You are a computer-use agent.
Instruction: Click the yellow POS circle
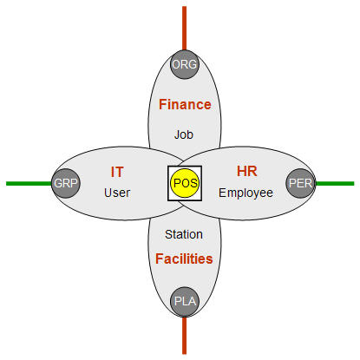click(185, 183)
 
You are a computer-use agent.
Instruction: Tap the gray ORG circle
click(185, 64)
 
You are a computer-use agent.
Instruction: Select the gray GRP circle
click(66, 183)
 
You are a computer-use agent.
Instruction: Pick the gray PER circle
click(300, 183)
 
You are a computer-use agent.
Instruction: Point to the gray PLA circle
click(185, 302)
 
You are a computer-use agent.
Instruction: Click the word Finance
click(185, 104)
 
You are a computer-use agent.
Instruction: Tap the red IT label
click(117, 172)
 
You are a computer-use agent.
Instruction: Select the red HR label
click(246, 171)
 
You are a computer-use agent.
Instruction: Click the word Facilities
click(184, 259)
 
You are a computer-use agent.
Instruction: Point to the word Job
click(184, 134)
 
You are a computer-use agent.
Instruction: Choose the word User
click(117, 193)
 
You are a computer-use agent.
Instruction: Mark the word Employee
click(245, 193)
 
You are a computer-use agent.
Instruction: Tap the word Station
click(184, 234)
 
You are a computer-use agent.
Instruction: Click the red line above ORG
click(184, 28)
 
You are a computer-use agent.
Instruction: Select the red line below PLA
click(184, 335)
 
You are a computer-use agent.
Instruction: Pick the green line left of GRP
click(29, 183)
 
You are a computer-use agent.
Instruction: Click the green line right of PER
click(335, 183)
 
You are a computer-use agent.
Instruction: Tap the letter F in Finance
click(162, 104)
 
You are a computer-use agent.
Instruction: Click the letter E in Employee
click(222, 193)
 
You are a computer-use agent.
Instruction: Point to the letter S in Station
click(168, 234)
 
